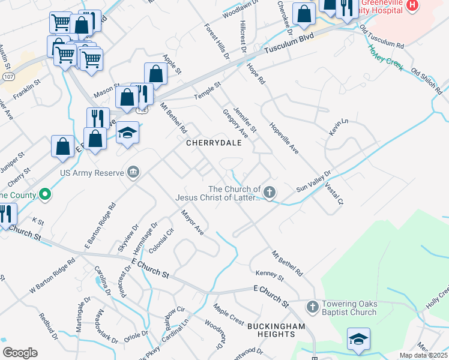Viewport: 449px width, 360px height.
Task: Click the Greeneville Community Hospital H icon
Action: pyautogui.click(x=412, y=5)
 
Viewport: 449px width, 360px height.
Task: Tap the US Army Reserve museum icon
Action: pyautogui.click(x=134, y=173)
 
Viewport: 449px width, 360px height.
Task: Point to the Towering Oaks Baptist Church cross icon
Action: pyautogui.click(x=312, y=307)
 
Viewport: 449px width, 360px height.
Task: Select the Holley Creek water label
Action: pyautogui.click(x=386, y=58)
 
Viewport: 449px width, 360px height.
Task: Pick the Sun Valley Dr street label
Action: pyautogui.click(x=313, y=182)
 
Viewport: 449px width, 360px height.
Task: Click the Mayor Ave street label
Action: pyautogui.click(x=193, y=222)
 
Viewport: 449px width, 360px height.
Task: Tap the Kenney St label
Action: pyautogui.click(x=269, y=275)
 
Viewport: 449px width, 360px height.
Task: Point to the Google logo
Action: pyautogui.click(x=20, y=353)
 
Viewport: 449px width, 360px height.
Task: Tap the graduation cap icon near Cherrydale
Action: pyautogui.click(x=127, y=133)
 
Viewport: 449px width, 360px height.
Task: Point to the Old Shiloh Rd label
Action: pyautogui.click(x=426, y=82)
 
